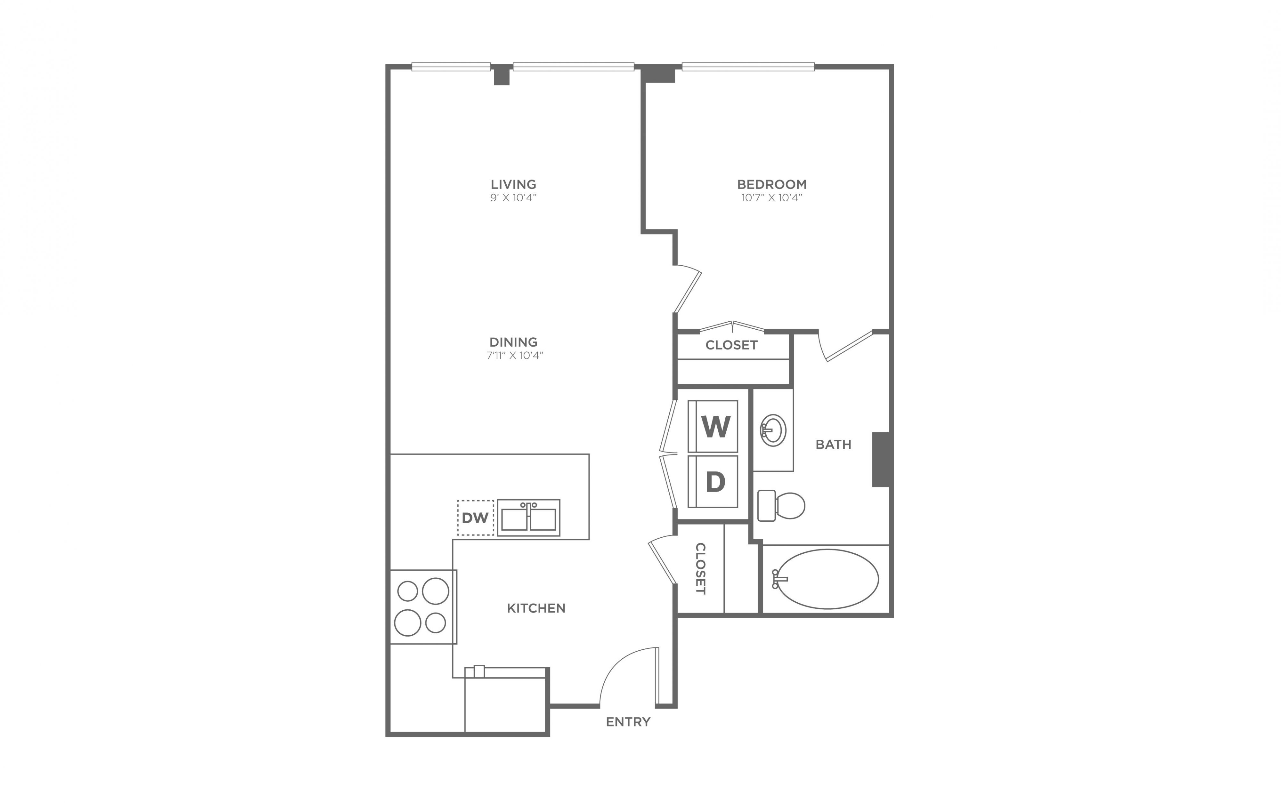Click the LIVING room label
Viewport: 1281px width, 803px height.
point(513,184)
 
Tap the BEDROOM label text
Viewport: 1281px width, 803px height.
point(771,184)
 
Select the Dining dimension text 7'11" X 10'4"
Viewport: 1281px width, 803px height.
point(515,355)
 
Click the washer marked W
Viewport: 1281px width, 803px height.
point(713,426)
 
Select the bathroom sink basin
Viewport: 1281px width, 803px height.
point(774,431)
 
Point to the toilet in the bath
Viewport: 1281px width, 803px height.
point(781,505)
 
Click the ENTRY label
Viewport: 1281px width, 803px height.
point(628,722)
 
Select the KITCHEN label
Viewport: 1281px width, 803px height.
point(536,608)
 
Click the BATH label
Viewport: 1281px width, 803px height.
point(833,445)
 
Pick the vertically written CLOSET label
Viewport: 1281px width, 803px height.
point(700,568)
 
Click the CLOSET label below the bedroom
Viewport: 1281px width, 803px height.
point(731,345)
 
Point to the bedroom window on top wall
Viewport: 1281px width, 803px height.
point(748,67)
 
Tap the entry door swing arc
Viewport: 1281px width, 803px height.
point(616,663)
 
